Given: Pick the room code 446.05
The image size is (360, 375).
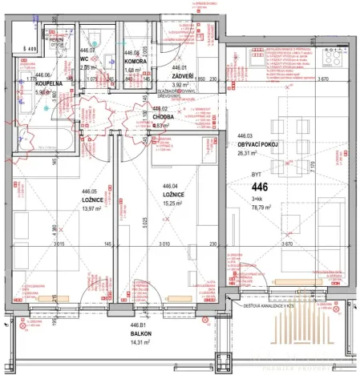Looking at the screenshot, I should click(95, 191).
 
